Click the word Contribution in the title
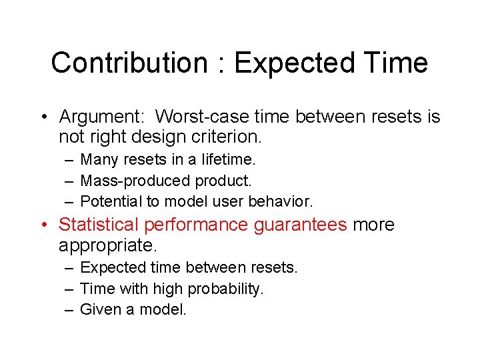click(129, 63)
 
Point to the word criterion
click(226, 138)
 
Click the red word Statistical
click(99, 225)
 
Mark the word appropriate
click(107, 246)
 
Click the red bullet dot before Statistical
click(44, 225)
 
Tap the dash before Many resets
click(69, 160)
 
